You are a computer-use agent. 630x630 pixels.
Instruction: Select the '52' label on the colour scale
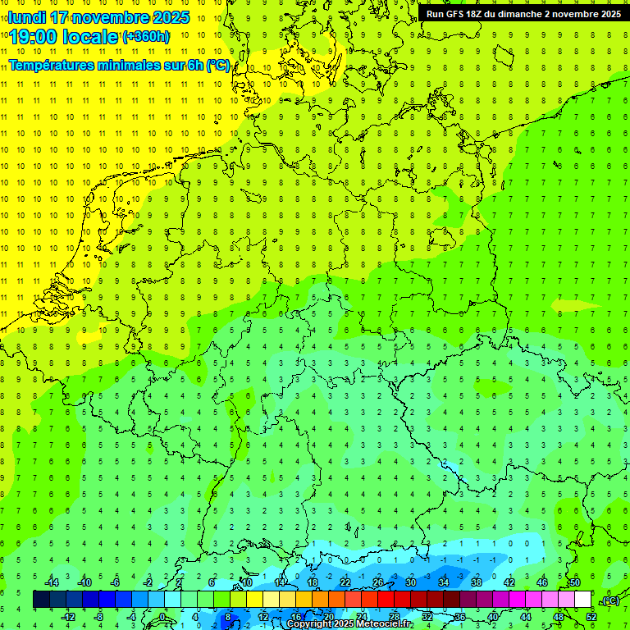pyautogui.click(x=591, y=617)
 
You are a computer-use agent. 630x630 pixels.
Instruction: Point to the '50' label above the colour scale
pyautogui.click(x=575, y=582)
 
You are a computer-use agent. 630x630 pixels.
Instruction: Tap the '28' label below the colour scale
pyautogui.click(x=395, y=617)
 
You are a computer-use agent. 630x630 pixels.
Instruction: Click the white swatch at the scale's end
pyautogui.click(x=582, y=600)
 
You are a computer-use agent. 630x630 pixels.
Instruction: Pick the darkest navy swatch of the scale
pyautogui.click(x=41, y=600)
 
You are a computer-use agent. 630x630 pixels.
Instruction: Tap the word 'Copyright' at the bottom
pyautogui.click(x=309, y=624)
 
